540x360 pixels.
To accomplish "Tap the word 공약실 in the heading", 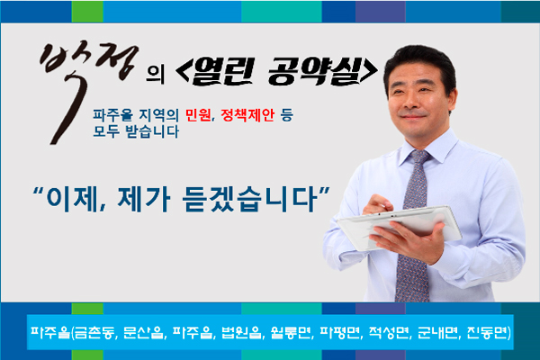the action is click(313, 71).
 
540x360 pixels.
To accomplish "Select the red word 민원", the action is click(198, 115).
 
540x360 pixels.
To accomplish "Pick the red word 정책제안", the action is click(247, 115).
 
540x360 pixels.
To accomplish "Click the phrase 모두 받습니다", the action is click(136, 131).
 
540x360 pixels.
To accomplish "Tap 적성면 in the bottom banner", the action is click(389, 332).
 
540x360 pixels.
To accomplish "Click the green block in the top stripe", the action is click(87, 12).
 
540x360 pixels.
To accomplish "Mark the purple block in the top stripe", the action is click(380, 12).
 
